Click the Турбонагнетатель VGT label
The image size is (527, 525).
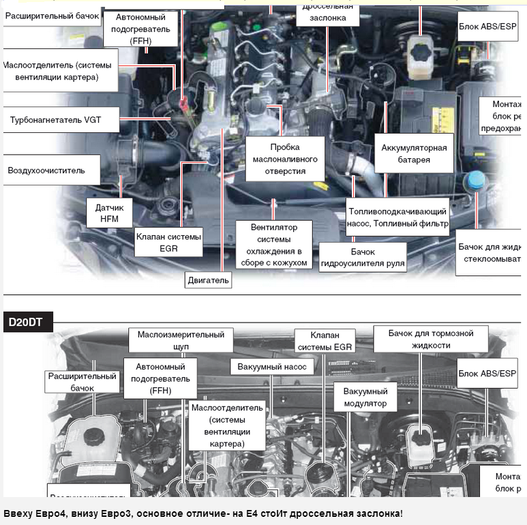click(x=55, y=119)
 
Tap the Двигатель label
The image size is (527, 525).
click(x=209, y=280)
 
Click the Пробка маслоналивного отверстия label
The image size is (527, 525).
click(x=284, y=158)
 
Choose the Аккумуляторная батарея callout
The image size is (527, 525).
click(x=415, y=153)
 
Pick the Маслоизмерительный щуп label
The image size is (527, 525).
click(x=181, y=340)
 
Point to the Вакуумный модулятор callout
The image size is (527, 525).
click(x=365, y=397)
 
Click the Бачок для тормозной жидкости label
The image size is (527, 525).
click(x=430, y=339)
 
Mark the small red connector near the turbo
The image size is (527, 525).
click(x=182, y=104)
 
